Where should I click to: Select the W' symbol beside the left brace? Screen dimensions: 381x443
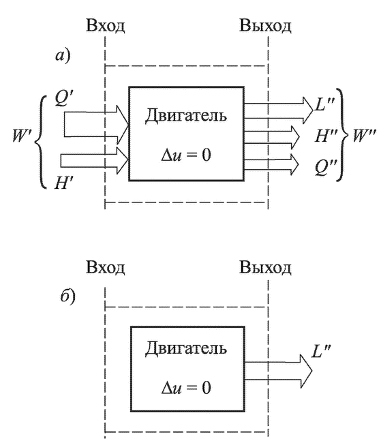pos(22,136)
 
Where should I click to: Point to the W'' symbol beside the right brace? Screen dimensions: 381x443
pos(365,136)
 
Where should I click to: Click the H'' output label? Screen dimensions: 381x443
pos(326,136)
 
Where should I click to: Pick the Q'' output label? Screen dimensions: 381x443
pos(326,168)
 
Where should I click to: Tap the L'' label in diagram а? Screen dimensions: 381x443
pos(324,105)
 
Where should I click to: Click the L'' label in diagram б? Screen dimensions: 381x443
pos(321,351)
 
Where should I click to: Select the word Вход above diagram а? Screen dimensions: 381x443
pos(106,25)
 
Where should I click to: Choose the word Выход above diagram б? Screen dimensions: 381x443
pos(265,267)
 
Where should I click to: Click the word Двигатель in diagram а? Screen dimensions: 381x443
pos(186,116)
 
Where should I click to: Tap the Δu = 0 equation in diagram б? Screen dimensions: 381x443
pos(186,387)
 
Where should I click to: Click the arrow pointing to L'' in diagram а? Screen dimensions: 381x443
pos(279,110)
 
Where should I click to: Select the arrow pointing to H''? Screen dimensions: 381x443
pos(272,137)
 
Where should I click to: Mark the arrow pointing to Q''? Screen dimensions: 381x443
pos(271,165)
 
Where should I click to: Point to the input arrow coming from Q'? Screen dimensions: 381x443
pos(96,125)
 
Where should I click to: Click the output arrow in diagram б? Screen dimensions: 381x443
pos(278,371)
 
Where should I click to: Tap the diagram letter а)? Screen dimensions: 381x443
pos(63,56)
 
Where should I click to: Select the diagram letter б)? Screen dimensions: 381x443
pos(68,296)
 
